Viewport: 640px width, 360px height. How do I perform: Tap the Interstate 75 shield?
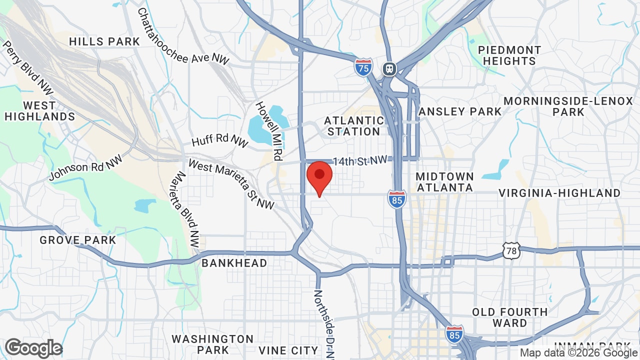click(x=363, y=67)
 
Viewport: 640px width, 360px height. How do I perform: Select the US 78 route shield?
click(x=511, y=250)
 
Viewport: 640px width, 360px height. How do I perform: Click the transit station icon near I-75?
click(x=389, y=69)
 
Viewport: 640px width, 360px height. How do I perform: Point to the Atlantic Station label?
click(x=353, y=126)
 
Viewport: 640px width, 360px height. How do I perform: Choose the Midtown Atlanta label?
click(x=444, y=182)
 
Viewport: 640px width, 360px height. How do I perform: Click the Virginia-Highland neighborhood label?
click(x=559, y=193)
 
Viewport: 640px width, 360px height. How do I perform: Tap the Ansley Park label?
click(x=459, y=111)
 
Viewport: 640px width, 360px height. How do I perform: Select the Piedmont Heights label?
click(x=509, y=55)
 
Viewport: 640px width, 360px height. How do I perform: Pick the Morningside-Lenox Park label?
click(x=568, y=106)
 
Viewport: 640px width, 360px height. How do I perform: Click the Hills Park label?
click(x=104, y=41)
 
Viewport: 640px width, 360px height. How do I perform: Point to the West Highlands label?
click(x=39, y=111)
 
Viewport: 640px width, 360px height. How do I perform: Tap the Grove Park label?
click(x=78, y=240)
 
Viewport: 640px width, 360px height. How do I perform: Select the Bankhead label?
click(x=234, y=263)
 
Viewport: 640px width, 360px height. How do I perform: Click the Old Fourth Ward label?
click(x=509, y=317)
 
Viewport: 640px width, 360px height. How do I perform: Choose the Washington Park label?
click(x=212, y=344)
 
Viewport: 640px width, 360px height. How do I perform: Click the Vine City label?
click(x=288, y=350)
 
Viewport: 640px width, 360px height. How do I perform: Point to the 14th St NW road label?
click(x=360, y=160)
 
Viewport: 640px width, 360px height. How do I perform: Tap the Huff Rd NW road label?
click(x=219, y=140)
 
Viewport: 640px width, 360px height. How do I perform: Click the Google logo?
click(x=34, y=348)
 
